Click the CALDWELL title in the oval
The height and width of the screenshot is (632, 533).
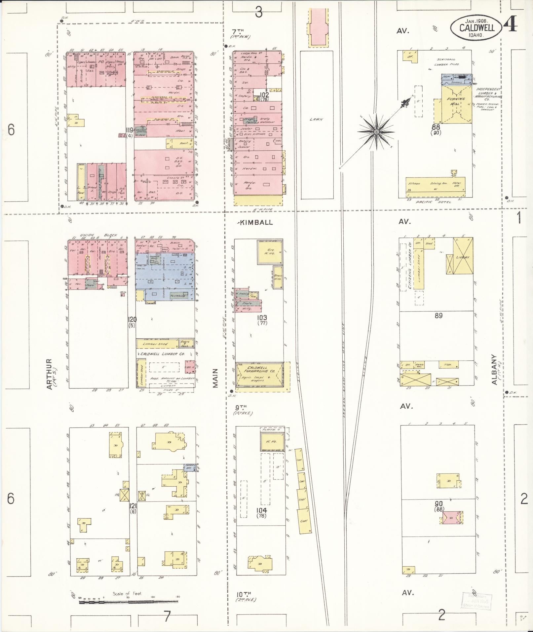477,27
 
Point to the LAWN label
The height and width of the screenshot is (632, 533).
316,120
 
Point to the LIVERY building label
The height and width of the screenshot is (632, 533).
463,257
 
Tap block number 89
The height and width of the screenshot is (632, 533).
438,316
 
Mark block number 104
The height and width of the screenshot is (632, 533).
261,520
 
